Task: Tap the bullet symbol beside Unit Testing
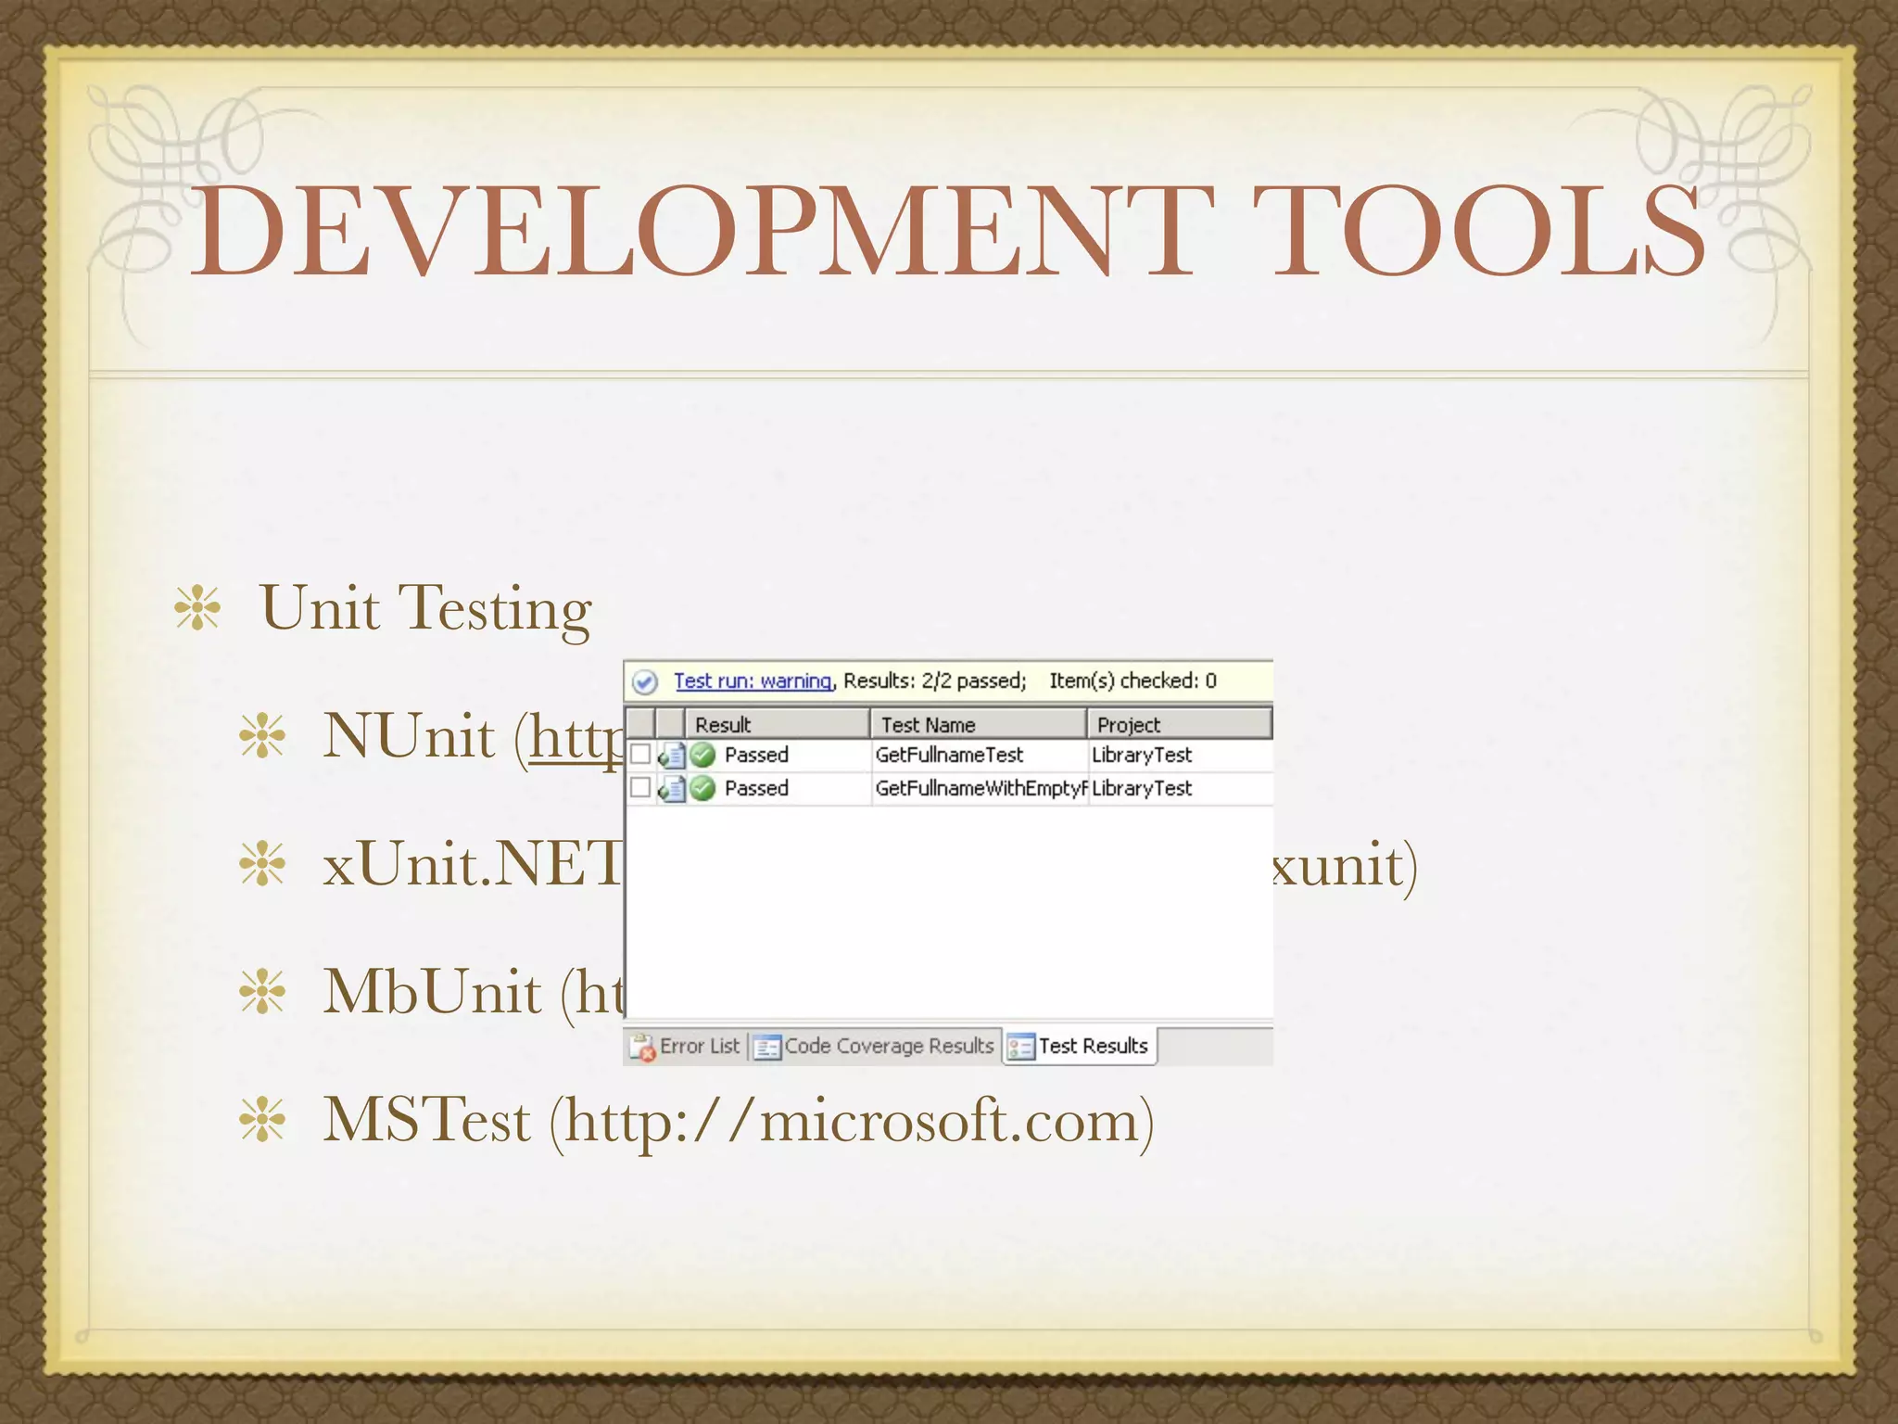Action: [197, 609]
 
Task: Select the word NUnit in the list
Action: [409, 737]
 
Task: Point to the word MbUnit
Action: [432, 993]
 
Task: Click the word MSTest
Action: [426, 1121]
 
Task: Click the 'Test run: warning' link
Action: [753, 681]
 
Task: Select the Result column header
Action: [723, 724]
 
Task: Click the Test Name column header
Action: [928, 724]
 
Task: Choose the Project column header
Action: [1128, 724]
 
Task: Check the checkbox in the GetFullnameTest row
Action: [640, 755]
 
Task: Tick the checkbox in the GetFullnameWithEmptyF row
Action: [640, 788]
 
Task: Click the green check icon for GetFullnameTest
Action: [703, 756]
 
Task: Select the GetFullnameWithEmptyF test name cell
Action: [980, 788]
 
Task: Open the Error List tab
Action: [687, 1047]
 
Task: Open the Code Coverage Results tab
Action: [876, 1047]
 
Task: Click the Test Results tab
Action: [1081, 1047]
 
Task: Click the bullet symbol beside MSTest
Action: [262, 1122]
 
